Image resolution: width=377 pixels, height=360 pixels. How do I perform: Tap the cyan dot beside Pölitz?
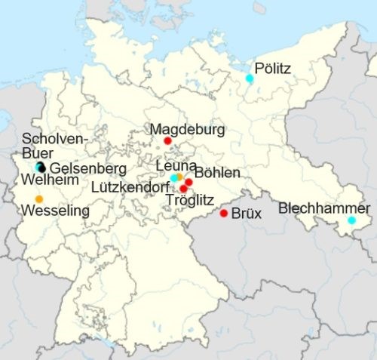(250, 78)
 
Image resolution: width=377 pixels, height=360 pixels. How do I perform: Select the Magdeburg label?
(187, 130)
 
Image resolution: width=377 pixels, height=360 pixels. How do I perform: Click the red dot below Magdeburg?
(167, 141)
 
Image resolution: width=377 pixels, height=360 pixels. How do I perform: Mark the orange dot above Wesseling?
(39, 198)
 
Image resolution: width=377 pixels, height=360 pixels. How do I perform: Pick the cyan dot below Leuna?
(174, 177)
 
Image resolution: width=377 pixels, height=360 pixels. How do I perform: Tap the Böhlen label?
(217, 173)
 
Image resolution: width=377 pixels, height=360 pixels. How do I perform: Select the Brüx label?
(246, 214)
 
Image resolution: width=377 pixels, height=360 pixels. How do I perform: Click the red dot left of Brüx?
(224, 214)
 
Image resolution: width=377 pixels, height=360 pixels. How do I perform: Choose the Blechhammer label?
(324, 208)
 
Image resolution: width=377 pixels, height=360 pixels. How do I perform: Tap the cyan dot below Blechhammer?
(351, 220)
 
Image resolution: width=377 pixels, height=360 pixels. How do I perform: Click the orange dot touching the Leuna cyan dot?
(179, 177)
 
